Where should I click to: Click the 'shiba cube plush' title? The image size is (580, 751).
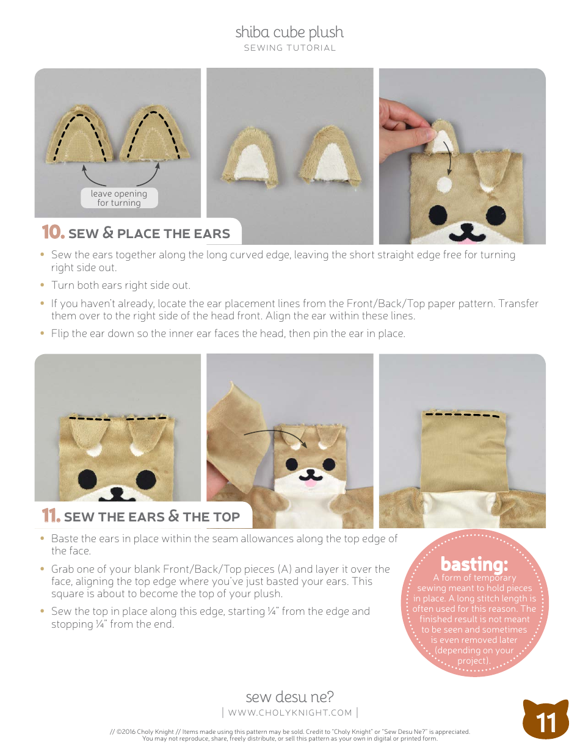(289, 32)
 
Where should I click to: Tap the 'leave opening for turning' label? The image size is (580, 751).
(119, 198)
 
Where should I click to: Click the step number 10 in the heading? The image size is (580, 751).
(53, 233)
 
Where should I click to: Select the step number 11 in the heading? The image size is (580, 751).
(51, 516)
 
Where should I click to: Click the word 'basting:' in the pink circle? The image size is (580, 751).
(474, 564)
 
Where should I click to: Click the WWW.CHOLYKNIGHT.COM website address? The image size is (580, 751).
(290, 713)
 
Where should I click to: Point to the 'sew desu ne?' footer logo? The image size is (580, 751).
(289, 697)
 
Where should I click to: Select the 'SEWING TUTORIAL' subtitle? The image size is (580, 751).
(289, 48)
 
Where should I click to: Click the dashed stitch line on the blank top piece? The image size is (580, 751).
(462, 415)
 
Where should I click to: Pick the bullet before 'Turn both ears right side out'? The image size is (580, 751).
(42, 285)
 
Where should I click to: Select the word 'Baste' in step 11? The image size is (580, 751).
(65, 539)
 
